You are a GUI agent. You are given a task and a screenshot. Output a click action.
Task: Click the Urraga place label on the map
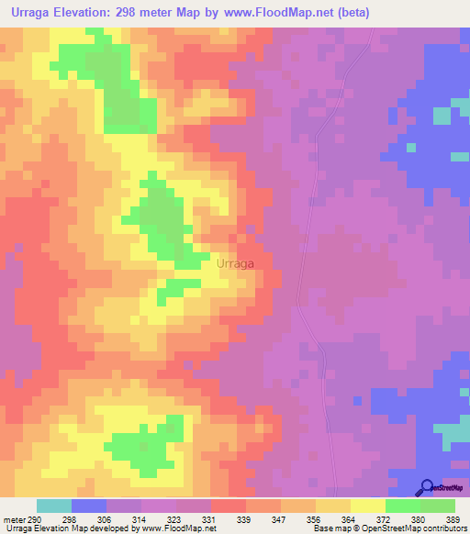point(235,263)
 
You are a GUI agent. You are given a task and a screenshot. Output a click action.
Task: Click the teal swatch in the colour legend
point(54,506)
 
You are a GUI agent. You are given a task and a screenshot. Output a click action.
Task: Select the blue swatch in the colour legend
point(89,506)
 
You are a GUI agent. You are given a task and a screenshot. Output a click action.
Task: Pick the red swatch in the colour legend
point(229,506)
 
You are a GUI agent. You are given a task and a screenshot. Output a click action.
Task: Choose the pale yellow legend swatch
point(368,506)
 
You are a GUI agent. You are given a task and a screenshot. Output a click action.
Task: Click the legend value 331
point(211,518)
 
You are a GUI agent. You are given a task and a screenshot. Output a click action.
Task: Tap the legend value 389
point(454,518)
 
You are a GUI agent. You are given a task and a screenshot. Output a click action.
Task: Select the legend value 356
point(316,518)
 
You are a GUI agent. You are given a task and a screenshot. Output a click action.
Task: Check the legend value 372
point(386,518)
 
